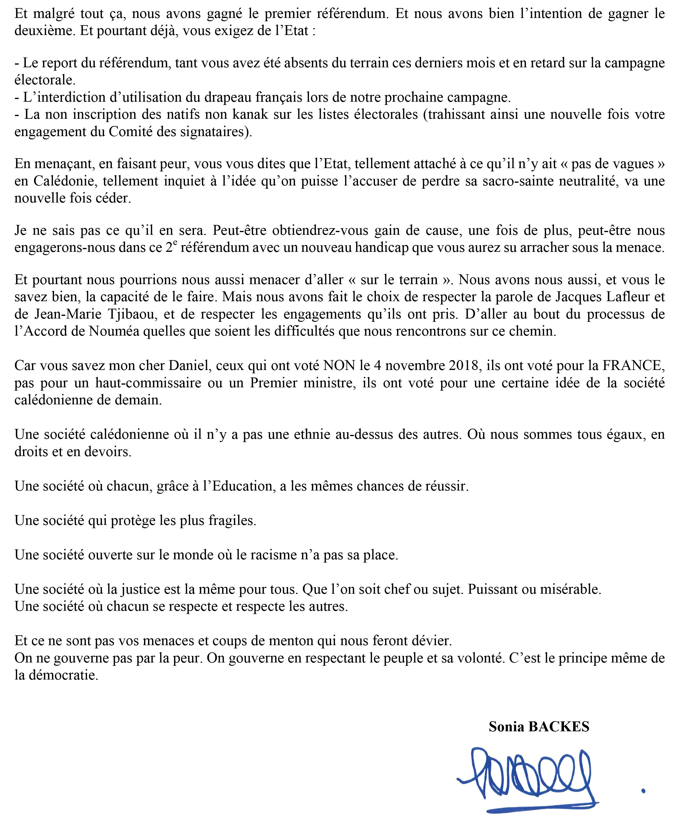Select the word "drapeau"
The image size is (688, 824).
click(226, 97)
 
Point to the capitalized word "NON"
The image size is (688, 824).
click(338, 366)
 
